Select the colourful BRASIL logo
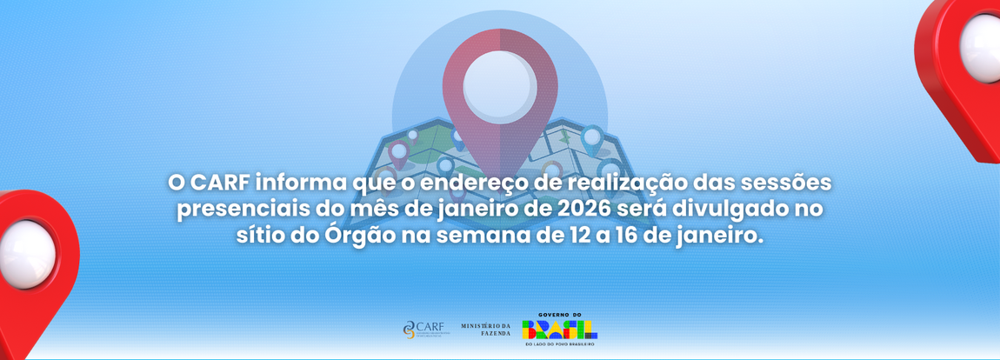coord(559,330)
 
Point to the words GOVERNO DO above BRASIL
coord(559,314)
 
